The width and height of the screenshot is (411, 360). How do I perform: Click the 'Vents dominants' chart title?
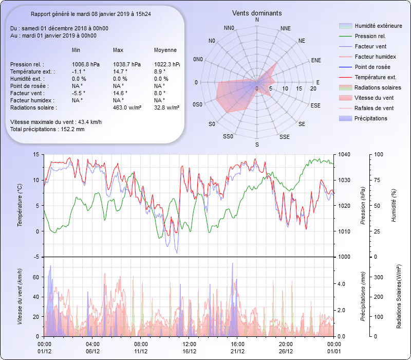click(x=257, y=13)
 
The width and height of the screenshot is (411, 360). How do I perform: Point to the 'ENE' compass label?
click(x=316, y=60)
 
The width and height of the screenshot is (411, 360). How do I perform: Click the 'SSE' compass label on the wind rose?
click(x=284, y=137)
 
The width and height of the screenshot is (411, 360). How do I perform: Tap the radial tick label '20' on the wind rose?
click(x=313, y=88)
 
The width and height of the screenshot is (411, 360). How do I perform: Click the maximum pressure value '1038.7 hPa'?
click(x=126, y=64)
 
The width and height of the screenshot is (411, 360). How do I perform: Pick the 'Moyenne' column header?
click(x=165, y=50)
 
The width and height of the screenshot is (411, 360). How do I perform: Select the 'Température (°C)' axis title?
click(x=20, y=206)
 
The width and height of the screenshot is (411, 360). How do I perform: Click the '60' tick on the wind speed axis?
click(x=35, y=277)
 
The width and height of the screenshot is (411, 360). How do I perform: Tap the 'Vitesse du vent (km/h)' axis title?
click(x=20, y=297)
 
